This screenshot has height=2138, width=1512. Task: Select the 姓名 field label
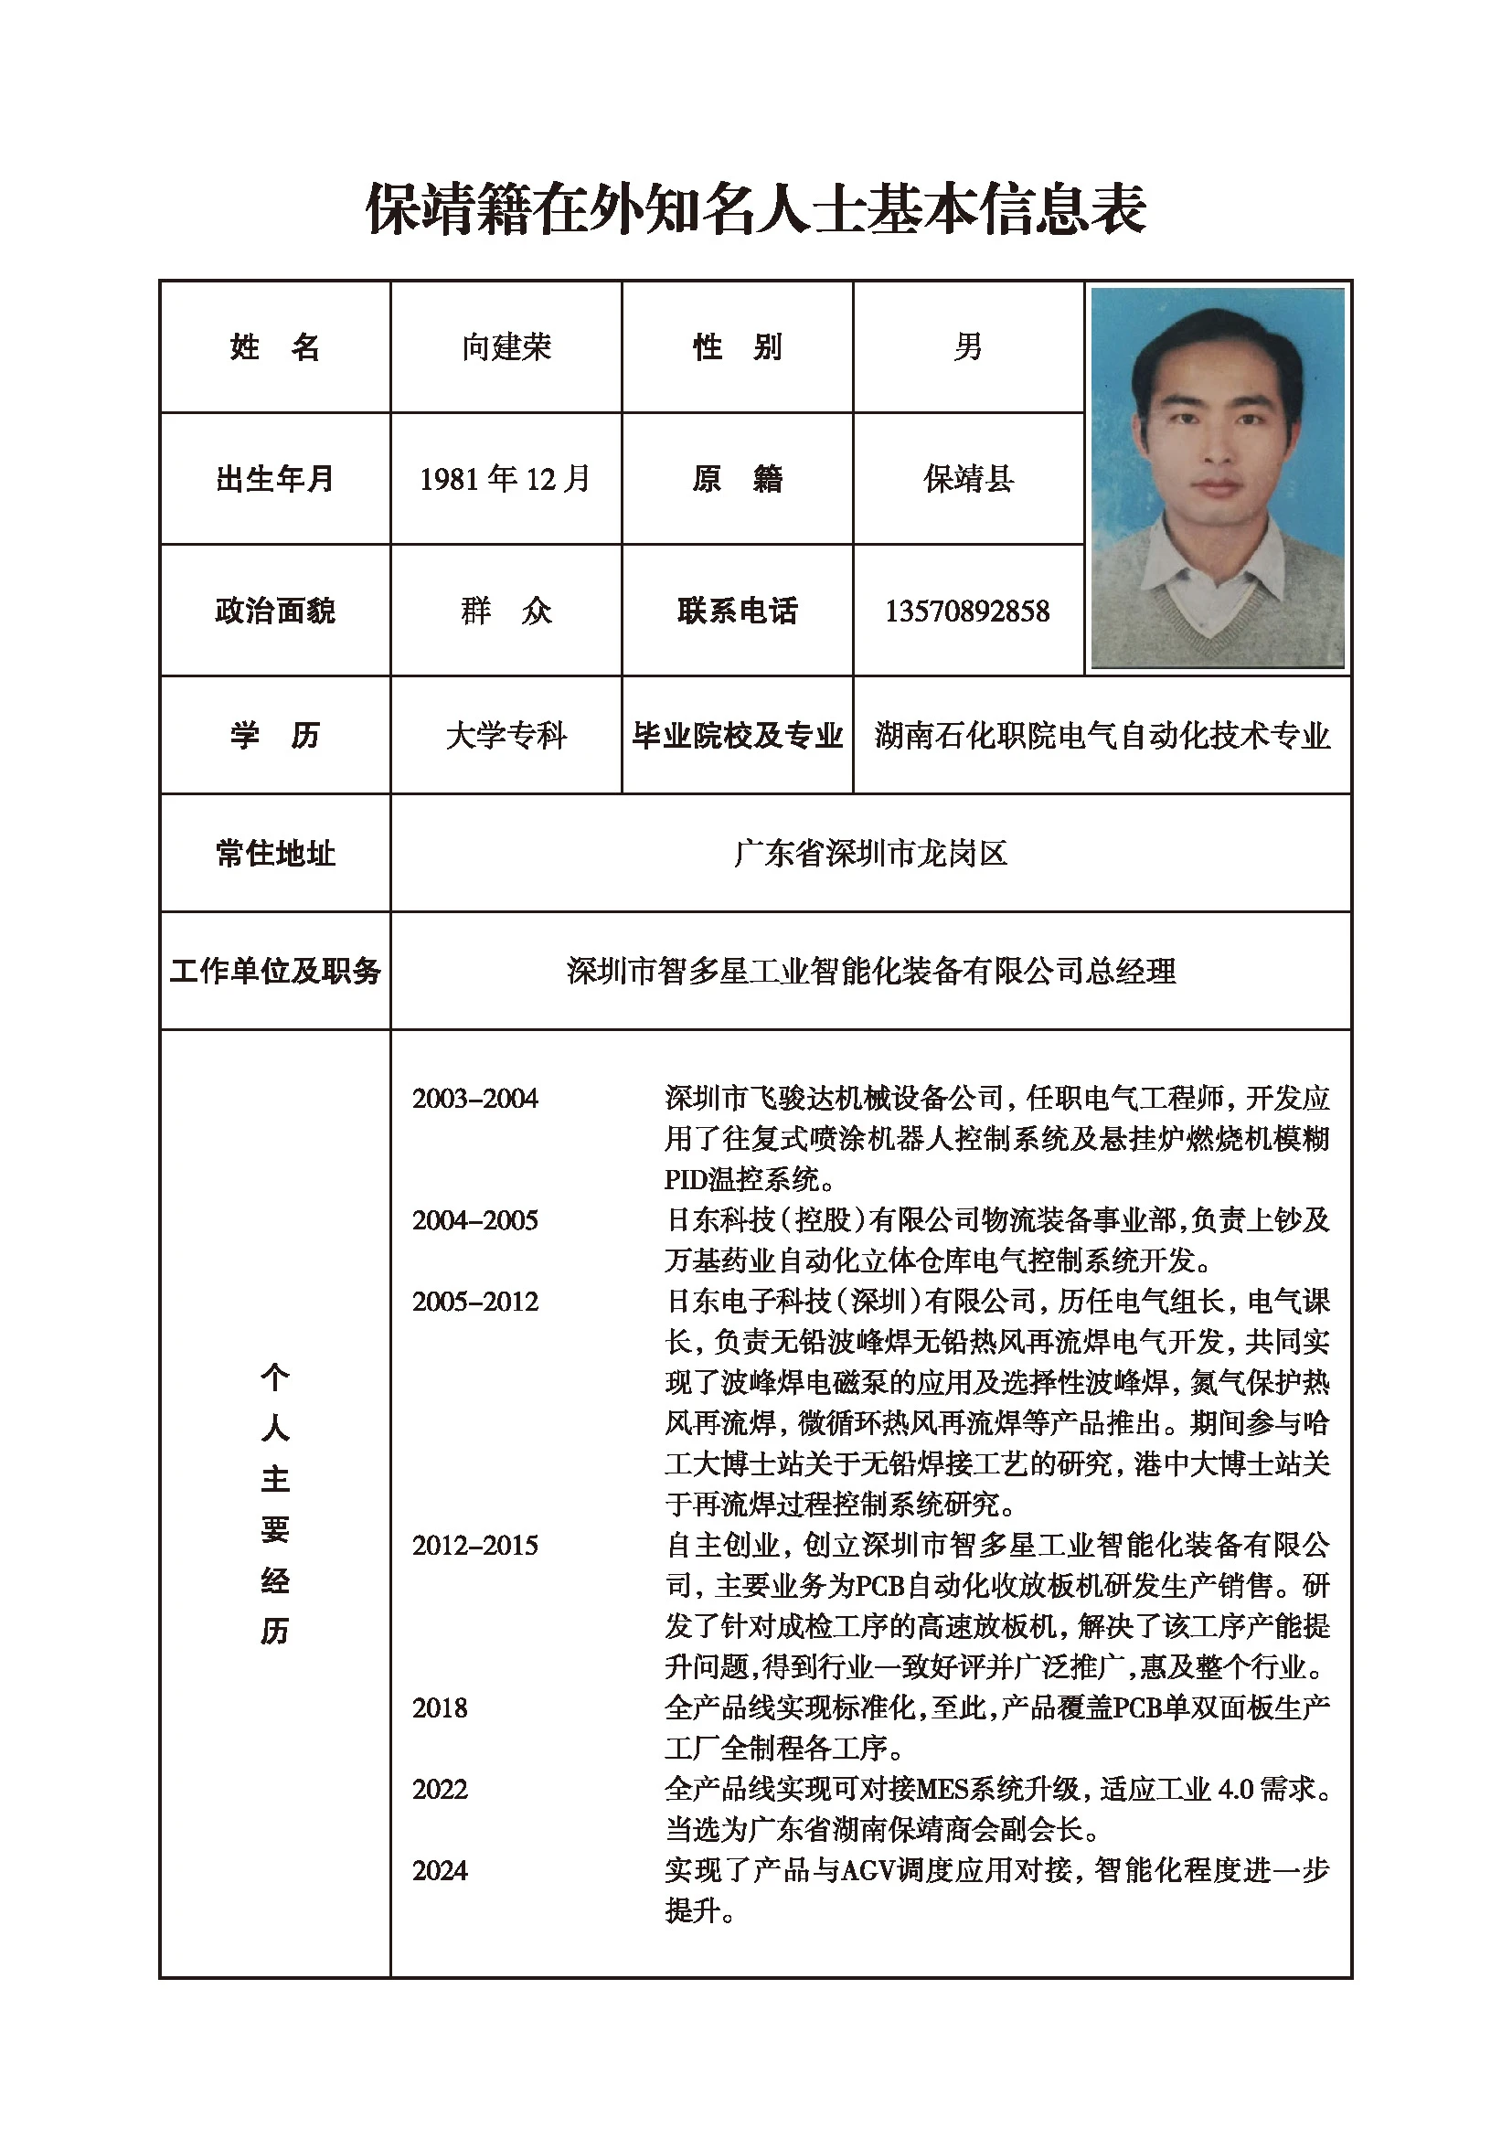point(274,347)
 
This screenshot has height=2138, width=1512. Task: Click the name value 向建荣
point(506,347)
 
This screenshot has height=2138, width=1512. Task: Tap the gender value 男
point(967,347)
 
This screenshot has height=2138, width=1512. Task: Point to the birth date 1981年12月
point(505,479)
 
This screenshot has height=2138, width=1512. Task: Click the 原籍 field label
point(737,479)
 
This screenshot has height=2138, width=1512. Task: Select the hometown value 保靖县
point(967,479)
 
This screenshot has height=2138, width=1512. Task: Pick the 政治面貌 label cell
point(274,611)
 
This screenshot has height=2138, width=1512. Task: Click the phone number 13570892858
point(967,611)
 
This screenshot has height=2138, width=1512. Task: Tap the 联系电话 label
point(737,611)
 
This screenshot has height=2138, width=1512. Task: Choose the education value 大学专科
point(506,736)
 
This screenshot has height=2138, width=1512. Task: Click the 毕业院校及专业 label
point(737,736)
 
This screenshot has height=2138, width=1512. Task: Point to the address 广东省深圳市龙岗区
point(870,853)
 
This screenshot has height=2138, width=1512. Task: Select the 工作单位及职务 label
point(274,972)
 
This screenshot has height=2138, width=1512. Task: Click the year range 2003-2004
point(474,1099)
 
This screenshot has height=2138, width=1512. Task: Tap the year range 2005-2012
point(474,1302)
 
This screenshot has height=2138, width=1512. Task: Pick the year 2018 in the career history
point(440,1707)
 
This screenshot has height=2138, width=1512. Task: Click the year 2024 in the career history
point(440,1871)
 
